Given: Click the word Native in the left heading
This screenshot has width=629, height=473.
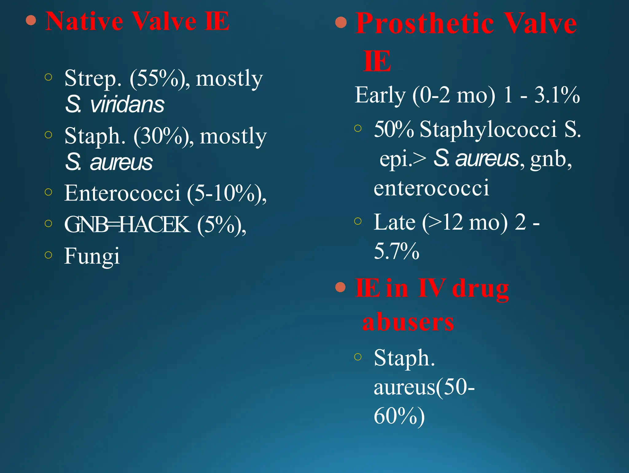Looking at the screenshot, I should click(84, 21).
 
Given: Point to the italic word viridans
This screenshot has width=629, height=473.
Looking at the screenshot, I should click(127, 105).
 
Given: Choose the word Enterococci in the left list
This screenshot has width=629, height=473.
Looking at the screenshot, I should click(122, 193).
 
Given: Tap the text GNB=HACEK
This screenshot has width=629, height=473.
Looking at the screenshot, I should click(127, 225).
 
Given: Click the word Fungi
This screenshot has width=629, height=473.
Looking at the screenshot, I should click(92, 256).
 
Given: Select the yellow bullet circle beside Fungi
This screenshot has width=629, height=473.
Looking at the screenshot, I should click(48, 255).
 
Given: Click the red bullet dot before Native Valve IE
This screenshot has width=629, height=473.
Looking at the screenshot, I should click(31, 21).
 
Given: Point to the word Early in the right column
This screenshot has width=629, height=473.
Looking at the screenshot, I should click(380, 95).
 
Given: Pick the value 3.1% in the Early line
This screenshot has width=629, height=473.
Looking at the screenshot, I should click(557, 95).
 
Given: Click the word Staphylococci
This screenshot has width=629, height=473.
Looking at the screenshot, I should click(488, 129).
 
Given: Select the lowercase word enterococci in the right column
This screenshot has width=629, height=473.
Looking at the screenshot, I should click(431, 188).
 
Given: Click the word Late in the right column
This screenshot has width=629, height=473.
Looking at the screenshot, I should click(394, 222).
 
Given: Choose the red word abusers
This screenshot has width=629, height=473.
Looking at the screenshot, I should click(408, 322).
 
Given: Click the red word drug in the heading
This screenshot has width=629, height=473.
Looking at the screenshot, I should click(480, 289).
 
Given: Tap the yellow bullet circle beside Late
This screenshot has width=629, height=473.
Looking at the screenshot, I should click(357, 221).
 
